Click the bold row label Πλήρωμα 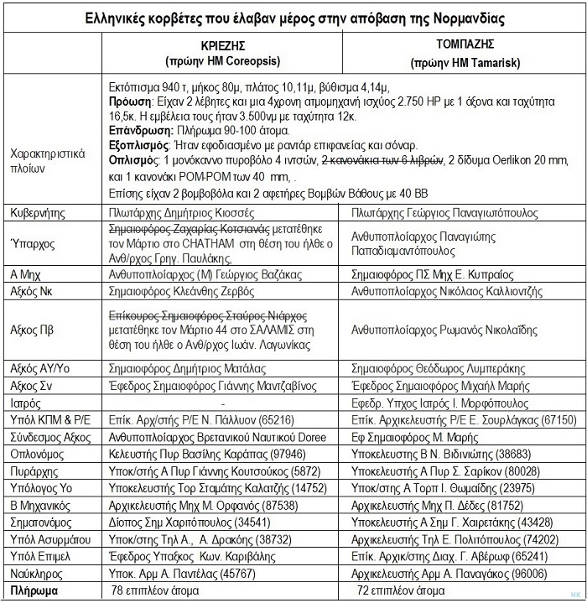pos(34,590)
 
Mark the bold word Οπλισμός pos(134,159)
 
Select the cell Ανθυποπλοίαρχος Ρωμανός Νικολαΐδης pos(445,330)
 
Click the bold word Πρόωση pos(129,102)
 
